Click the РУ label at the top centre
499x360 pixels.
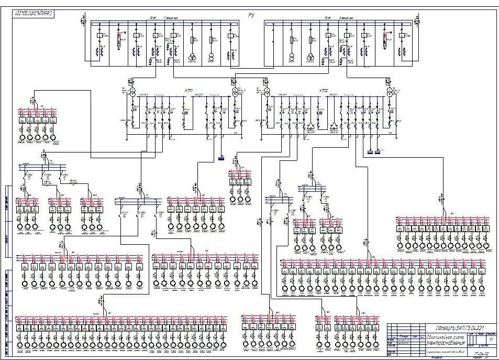(251, 16)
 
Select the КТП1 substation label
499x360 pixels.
(188, 90)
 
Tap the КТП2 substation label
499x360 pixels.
(323, 91)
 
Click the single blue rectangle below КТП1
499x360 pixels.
(221, 157)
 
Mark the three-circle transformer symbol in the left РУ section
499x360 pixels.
(192, 57)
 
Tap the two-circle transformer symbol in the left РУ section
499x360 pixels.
(212, 57)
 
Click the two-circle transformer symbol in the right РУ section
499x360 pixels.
(291, 57)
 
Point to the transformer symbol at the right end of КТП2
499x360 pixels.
(390, 92)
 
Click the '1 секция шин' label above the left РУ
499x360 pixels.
(172, 18)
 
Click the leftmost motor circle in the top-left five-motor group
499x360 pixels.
(22, 139)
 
